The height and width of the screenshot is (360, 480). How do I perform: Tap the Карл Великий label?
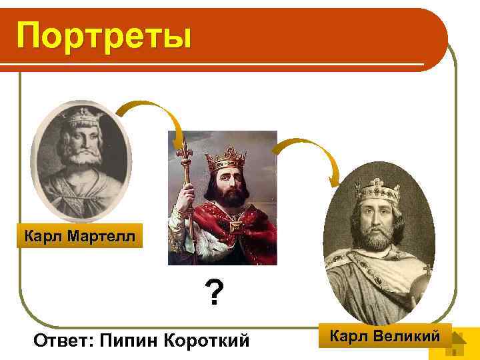point(385,335)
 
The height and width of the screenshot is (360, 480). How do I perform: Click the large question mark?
point(213,293)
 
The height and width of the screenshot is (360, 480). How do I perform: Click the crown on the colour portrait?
point(225,159)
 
